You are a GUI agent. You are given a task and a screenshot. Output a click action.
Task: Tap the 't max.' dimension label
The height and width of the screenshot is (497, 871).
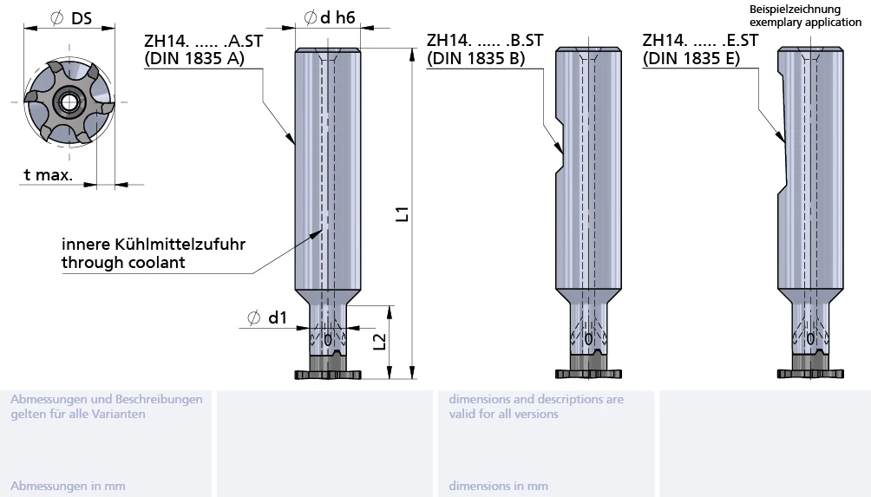(49, 175)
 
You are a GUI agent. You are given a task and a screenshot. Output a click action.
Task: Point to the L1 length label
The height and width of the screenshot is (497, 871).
(403, 213)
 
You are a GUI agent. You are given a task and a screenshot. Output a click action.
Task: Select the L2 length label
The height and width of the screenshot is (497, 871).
(379, 342)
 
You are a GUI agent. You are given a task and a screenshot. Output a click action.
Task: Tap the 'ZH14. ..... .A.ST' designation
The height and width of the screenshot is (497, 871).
(203, 41)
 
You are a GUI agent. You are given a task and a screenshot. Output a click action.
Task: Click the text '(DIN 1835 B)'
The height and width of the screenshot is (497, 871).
(475, 58)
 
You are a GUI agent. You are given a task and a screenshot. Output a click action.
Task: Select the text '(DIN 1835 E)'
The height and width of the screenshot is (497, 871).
(691, 58)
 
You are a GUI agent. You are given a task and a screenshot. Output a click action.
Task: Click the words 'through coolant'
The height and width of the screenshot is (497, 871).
(123, 262)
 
